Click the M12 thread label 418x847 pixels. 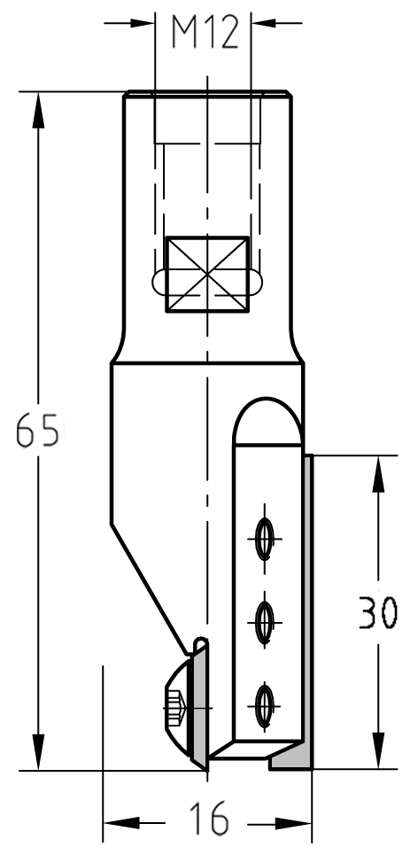click(x=205, y=33)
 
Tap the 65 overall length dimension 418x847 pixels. click(x=37, y=430)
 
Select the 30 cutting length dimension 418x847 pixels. click(x=378, y=612)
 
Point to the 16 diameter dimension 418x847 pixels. click(x=209, y=818)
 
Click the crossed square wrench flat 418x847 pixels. click(x=207, y=275)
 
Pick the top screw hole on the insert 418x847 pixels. click(x=265, y=539)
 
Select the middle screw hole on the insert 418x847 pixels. click(x=265, y=623)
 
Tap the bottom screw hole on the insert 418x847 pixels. click(x=265, y=705)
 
